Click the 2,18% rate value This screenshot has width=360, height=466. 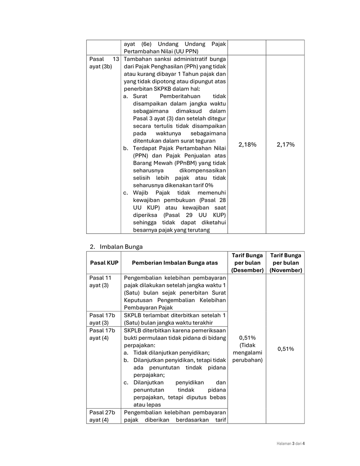click(247, 144)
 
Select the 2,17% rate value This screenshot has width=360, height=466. click(285, 144)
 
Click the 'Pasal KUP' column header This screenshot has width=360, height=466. click(104, 263)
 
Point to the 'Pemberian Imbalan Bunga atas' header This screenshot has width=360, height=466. click(175, 263)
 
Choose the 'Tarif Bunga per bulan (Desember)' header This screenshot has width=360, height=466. click(247, 263)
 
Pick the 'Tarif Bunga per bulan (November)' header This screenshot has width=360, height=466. click(285, 263)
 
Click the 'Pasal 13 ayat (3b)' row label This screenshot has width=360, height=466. click(104, 63)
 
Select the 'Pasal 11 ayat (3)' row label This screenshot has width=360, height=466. click(100, 281)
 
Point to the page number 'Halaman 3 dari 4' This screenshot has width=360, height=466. click(287, 443)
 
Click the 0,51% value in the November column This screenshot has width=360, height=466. click(285, 349)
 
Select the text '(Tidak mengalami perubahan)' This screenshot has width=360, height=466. click(247, 352)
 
